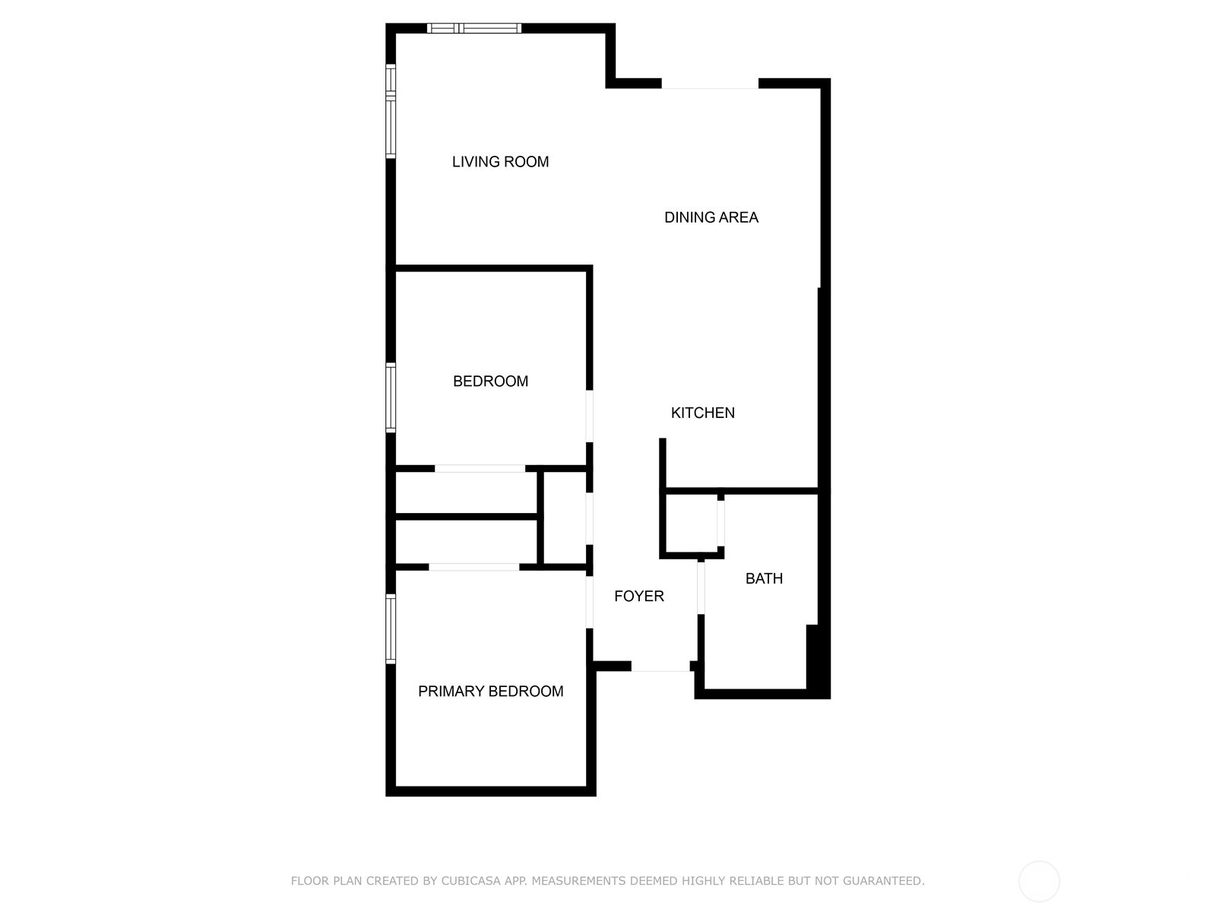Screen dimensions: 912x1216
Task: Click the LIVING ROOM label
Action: pos(500,162)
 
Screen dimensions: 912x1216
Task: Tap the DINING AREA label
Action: pos(711,217)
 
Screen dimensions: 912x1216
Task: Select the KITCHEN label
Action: pos(702,413)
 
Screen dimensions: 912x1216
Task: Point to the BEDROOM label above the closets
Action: pos(490,382)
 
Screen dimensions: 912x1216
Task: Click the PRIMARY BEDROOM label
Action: pos(490,691)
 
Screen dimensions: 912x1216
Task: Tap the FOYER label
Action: pos(638,597)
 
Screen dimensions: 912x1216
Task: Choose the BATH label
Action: pos(764,578)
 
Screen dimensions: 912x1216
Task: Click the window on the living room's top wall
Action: pos(473,29)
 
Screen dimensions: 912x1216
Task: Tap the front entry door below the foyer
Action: pos(660,667)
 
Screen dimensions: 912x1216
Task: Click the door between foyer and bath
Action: pos(701,587)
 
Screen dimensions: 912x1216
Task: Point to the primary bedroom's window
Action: pos(391,628)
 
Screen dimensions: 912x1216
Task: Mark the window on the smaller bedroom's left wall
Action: pos(391,397)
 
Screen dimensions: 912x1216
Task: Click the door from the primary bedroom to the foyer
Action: pos(589,602)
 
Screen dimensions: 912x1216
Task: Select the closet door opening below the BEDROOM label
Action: pos(480,468)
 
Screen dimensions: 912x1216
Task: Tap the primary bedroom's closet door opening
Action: pos(473,567)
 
